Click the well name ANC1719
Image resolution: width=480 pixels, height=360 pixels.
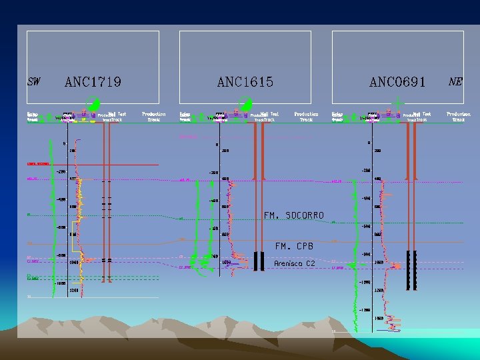[93, 82]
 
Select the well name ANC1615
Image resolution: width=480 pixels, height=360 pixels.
[245, 82]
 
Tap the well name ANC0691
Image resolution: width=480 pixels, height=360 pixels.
[397, 82]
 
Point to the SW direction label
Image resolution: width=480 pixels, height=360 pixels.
[33, 82]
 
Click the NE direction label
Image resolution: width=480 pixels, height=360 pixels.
[456, 81]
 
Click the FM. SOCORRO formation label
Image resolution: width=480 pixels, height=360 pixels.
[293, 215]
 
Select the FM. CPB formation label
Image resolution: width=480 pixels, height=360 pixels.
[294, 246]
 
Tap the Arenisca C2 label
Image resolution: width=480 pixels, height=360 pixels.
[294, 264]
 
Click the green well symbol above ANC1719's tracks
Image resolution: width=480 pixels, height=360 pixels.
[94, 104]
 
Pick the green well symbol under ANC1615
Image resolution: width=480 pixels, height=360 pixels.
[245, 104]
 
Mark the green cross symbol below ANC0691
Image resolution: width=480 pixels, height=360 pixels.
[398, 103]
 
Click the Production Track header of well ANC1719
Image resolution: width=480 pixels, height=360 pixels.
[154, 117]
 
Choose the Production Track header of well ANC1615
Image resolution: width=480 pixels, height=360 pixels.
[306, 117]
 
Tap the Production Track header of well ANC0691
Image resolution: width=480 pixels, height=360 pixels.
[459, 117]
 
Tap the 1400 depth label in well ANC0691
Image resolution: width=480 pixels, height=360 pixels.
[379, 318]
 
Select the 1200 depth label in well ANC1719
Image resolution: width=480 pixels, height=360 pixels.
[73, 291]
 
